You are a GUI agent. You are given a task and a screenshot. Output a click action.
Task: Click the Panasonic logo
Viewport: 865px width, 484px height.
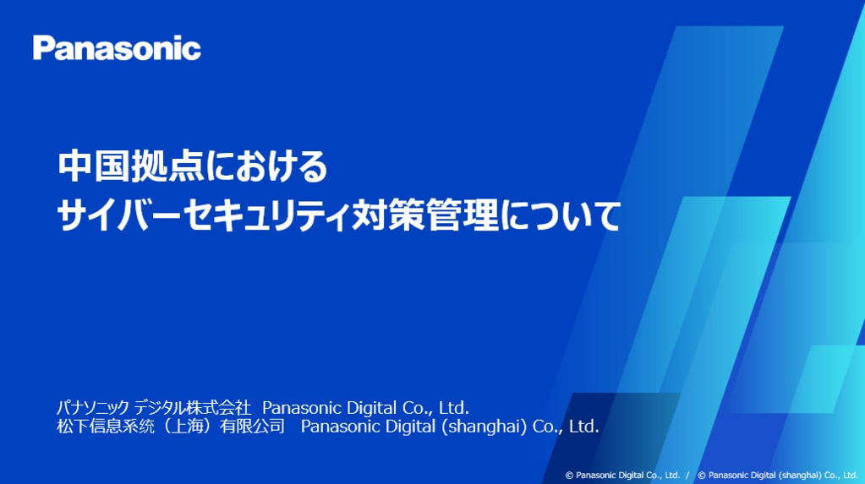click(x=117, y=48)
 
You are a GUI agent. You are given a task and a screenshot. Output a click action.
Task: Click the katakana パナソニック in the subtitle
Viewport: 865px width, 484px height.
click(x=93, y=407)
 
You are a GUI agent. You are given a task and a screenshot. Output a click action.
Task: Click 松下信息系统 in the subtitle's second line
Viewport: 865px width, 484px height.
click(x=106, y=426)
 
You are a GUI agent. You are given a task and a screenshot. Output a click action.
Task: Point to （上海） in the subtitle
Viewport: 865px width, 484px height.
click(x=187, y=426)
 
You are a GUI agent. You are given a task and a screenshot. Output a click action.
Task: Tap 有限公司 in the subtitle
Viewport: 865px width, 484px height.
click(x=252, y=426)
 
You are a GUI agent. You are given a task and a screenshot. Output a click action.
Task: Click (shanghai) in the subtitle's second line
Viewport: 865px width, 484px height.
click(x=485, y=426)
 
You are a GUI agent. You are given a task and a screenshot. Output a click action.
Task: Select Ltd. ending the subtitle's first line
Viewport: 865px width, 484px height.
click(x=453, y=408)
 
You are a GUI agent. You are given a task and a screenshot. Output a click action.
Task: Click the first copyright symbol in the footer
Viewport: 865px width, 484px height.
click(x=569, y=476)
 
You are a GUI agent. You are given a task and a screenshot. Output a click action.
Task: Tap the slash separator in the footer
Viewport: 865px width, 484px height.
click(x=687, y=476)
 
